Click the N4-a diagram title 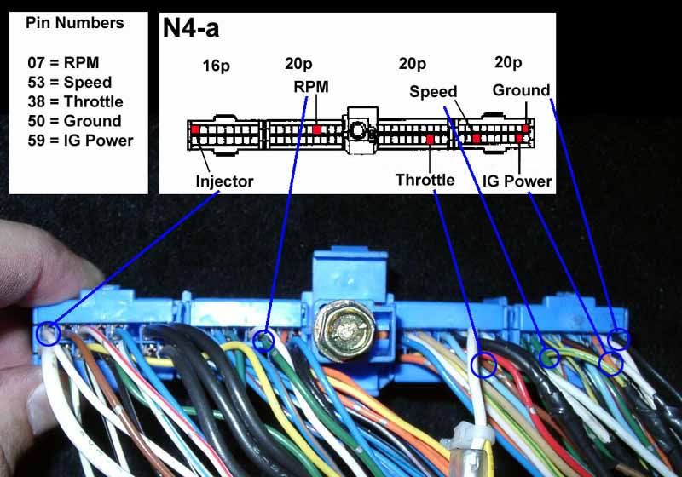(191, 29)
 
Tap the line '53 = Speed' (70, 82)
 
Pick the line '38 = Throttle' (75, 101)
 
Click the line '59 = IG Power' (81, 140)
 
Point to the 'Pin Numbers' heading (75, 23)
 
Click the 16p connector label (217, 65)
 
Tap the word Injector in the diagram (224, 181)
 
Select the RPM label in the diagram (310, 86)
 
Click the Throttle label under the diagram (425, 180)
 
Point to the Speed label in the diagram (433, 91)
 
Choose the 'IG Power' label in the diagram (517, 181)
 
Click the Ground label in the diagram (521, 89)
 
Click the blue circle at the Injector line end (49, 332)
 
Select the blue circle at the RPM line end (265, 342)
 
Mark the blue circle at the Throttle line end (483, 365)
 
